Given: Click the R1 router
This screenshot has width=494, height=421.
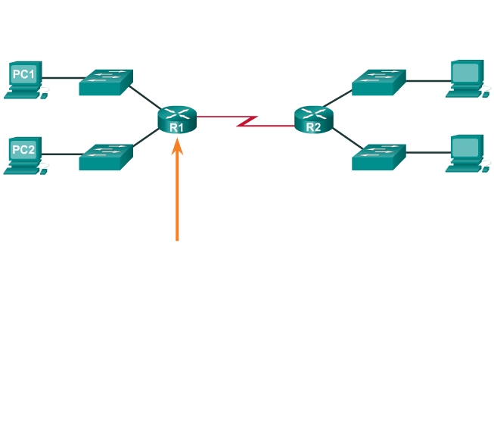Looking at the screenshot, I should tap(177, 120).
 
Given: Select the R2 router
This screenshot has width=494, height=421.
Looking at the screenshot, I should tap(313, 120).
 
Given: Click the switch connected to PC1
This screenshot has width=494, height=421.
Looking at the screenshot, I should tap(106, 82).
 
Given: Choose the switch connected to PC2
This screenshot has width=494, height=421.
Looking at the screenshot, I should tap(106, 156).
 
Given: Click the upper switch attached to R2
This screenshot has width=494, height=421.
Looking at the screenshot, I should tap(378, 82).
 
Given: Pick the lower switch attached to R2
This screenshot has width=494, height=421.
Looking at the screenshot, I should tap(378, 157).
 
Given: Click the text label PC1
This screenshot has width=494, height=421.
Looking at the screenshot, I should tap(23, 74).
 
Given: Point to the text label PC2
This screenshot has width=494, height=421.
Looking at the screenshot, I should tap(23, 149).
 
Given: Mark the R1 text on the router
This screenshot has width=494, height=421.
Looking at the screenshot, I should tap(177, 128).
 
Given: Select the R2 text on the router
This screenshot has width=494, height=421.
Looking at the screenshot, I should tap(313, 128).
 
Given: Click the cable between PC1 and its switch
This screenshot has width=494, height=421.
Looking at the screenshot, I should tap(62, 77).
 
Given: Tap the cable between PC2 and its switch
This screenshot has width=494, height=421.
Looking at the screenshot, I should tap(62, 153).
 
